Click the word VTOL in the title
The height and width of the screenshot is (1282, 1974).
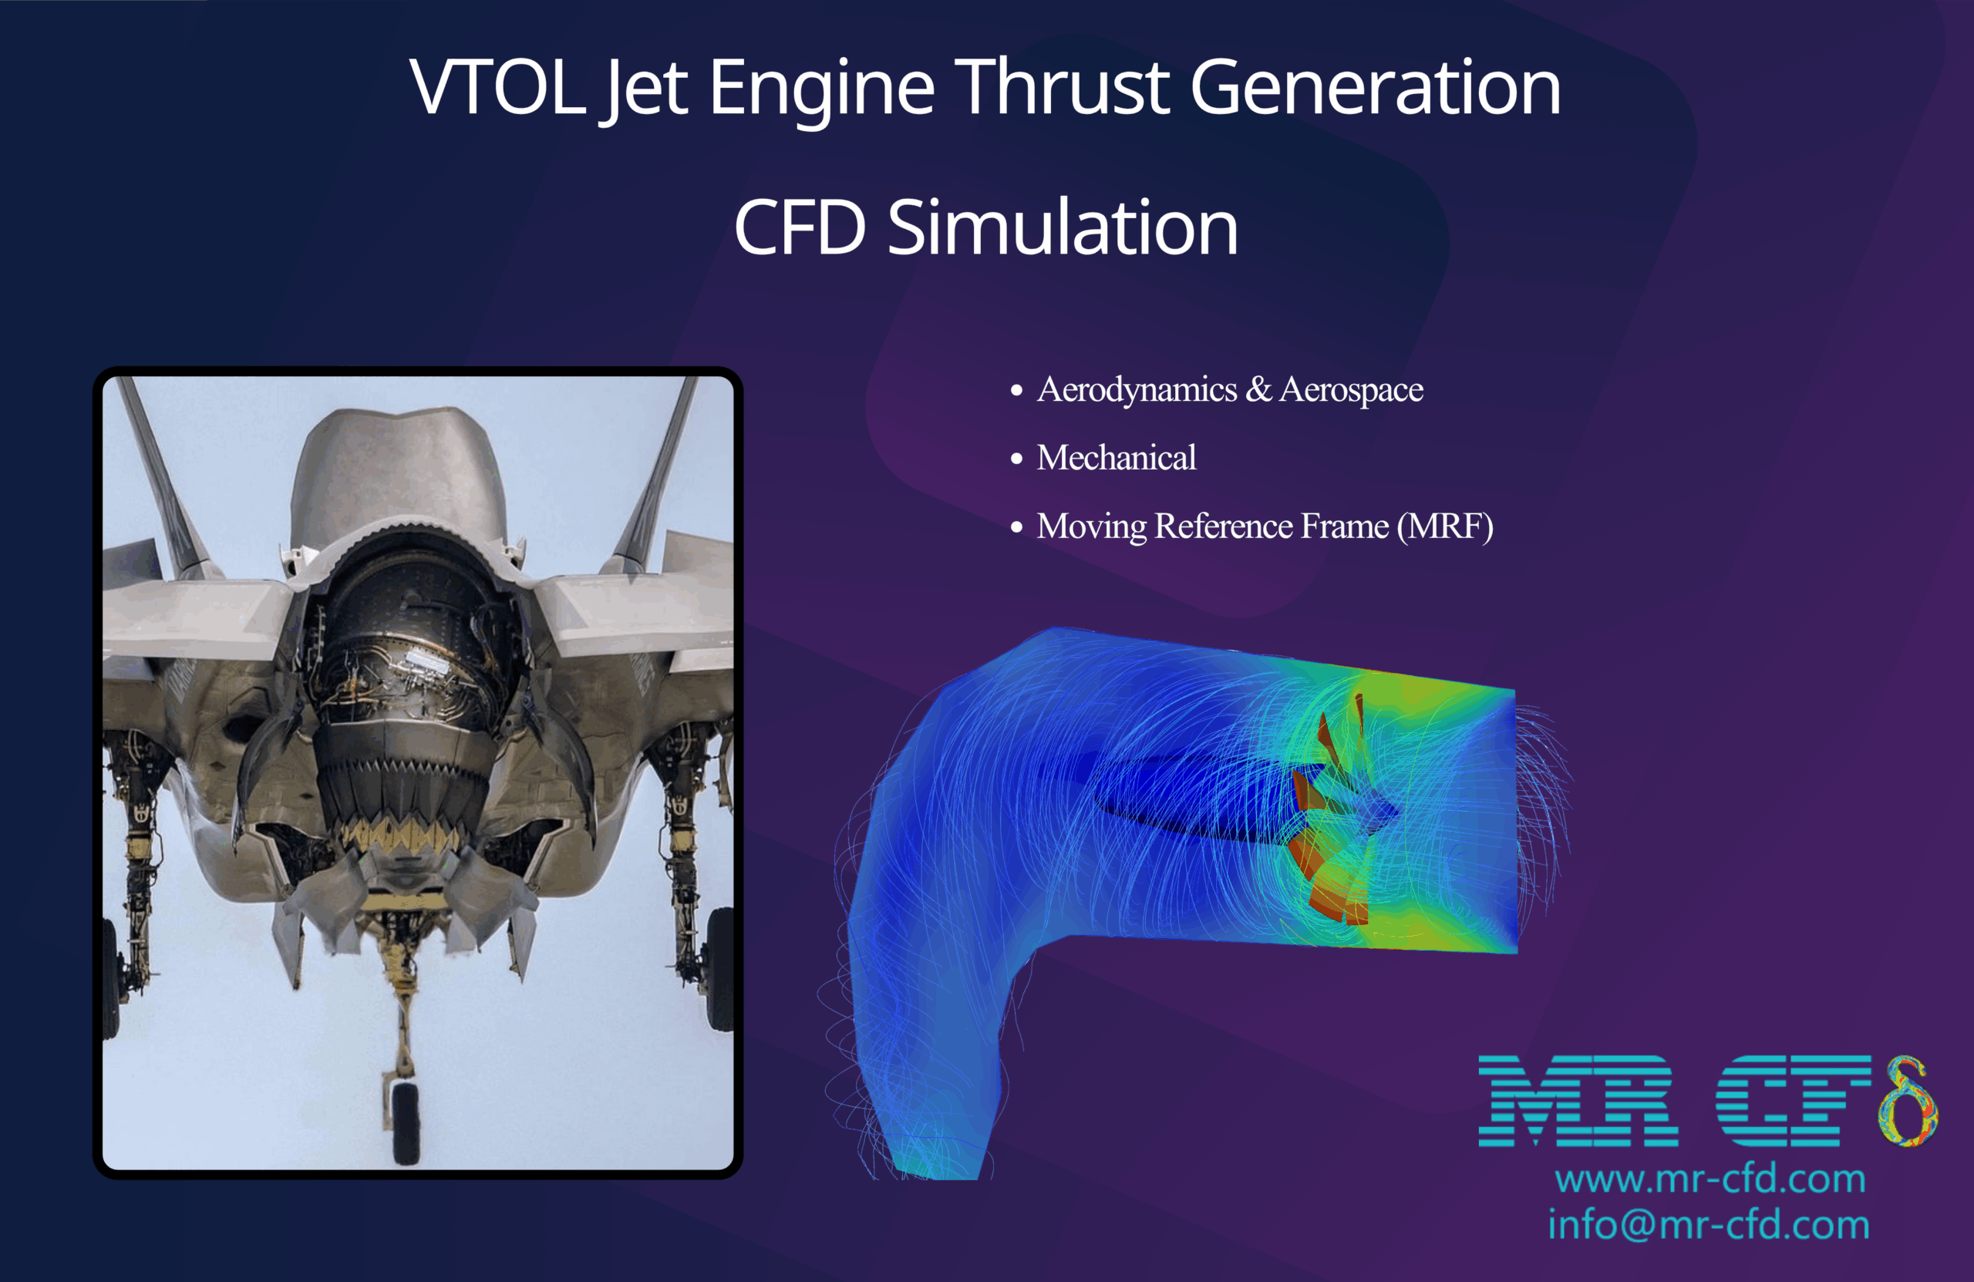pyautogui.click(x=497, y=87)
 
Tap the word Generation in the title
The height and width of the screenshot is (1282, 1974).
pyautogui.click(x=1375, y=87)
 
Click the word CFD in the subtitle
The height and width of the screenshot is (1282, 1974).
pyautogui.click(x=800, y=228)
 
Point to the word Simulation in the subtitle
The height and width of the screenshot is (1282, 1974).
pyautogui.click(x=1063, y=228)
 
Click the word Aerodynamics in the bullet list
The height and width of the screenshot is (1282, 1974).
pyautogui.click(x=1137, y=390)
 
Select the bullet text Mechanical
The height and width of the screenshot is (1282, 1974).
pyautogui.click(x=1117, y=458)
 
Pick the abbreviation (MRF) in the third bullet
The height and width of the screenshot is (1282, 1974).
pyautogui.click(x=1445, y=527)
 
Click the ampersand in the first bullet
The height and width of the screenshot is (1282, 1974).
pyautogui.click(x=1258, y=390)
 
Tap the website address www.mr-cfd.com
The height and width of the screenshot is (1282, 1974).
pyautogui.click(x=1710, y=1179)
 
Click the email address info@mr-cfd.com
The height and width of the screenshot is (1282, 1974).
pyautogui.click(x=1709, y=1226)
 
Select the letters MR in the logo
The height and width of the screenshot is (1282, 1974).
pyautogui.click(x=1576, y=1102)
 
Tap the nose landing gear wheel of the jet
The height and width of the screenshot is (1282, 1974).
pyautogui.click(x=405, y=1119)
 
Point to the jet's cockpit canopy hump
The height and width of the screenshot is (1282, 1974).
pyautogui.click(x=398, y=473)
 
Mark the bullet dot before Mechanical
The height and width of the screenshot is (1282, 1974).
pyautogui.click(x=1017, y=459)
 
